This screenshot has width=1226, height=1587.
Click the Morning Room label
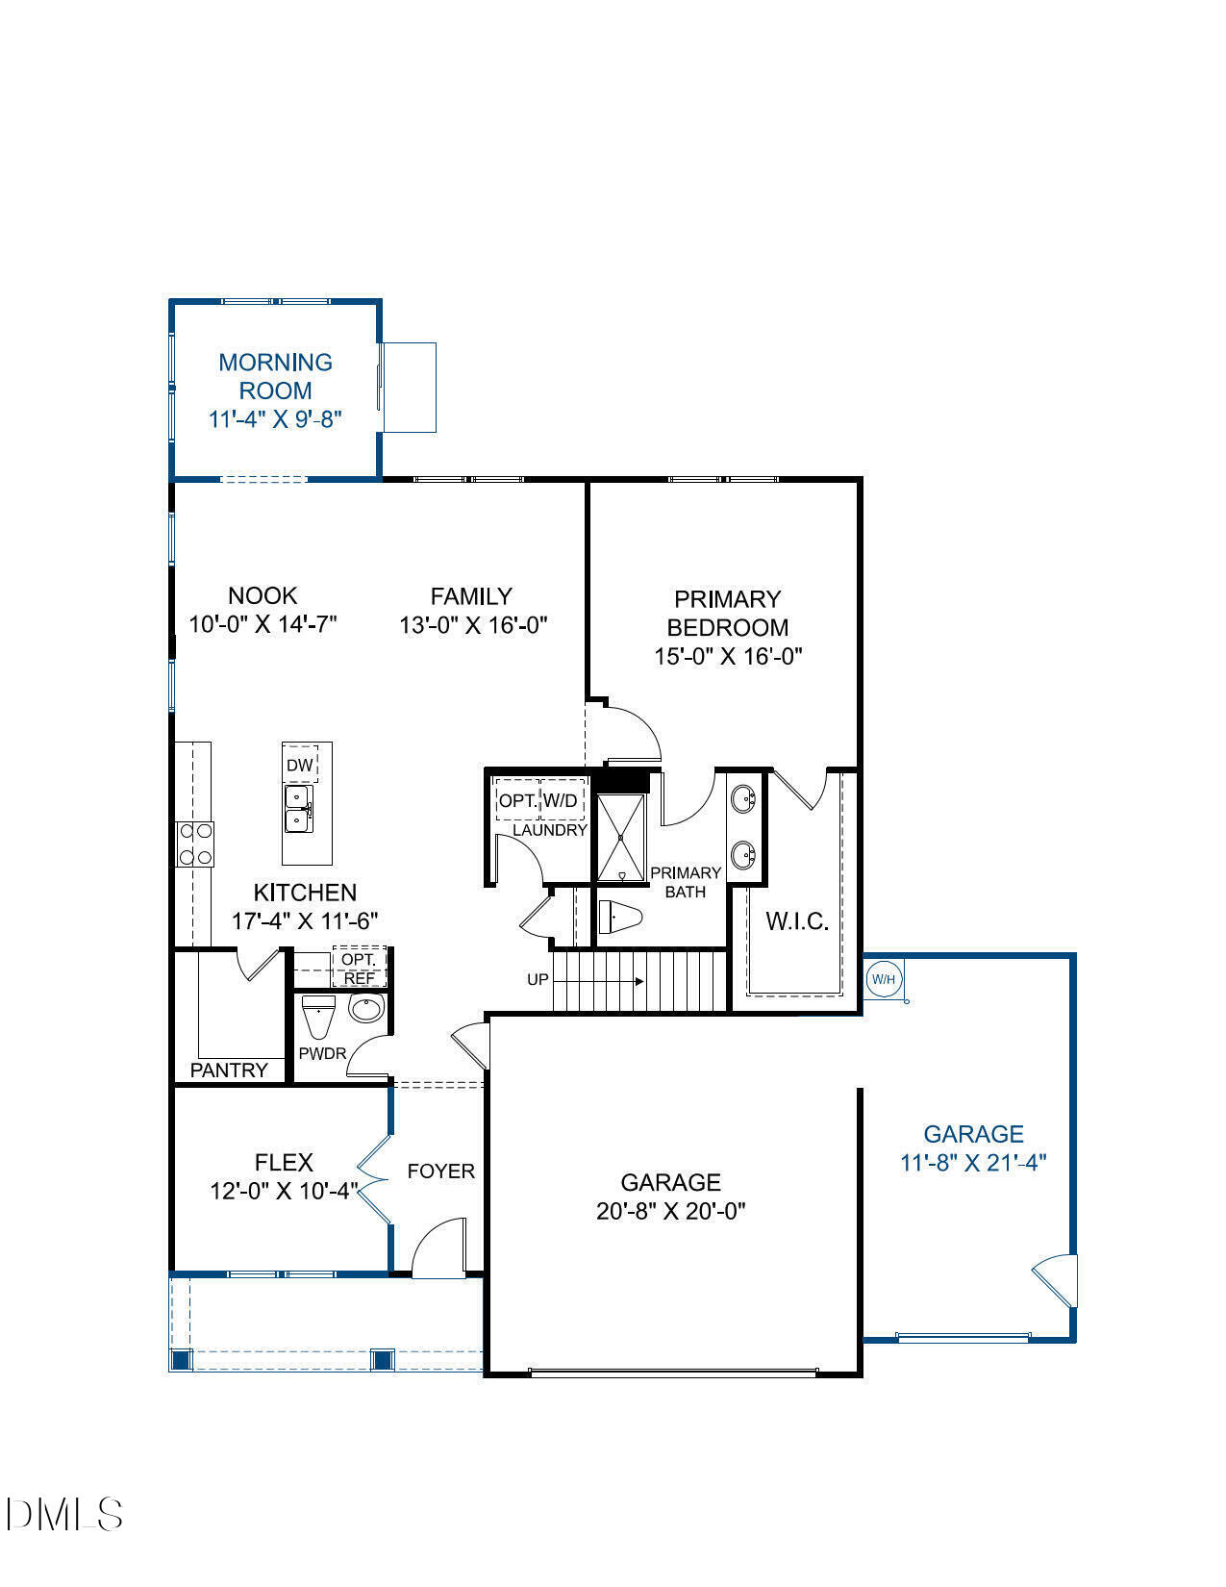pos(275,377)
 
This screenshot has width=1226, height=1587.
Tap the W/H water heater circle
pos(884,980)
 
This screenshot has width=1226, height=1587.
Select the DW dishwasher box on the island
pos(300,766)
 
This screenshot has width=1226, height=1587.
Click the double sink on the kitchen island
pos(297,809)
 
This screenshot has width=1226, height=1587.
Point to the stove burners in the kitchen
pos(195,844)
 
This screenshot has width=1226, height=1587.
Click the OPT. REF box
pos(360,969)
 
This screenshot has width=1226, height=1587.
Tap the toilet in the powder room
pos(317,1015)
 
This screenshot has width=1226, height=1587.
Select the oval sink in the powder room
pos(365,1009)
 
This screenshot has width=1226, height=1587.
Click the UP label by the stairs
pos(538,980)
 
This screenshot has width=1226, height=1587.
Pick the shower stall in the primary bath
pos(622,838)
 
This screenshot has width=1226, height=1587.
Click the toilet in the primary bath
pos(619,917)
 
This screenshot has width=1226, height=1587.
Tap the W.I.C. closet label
pos(797,921)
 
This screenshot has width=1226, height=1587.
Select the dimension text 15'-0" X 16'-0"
pos(727,656)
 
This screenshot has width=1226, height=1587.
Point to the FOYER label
pos(440,1171)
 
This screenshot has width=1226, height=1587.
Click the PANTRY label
pos(229,1070)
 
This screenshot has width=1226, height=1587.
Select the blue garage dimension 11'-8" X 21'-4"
pos(972,1163)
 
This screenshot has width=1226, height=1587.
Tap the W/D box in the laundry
pos(562,800)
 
